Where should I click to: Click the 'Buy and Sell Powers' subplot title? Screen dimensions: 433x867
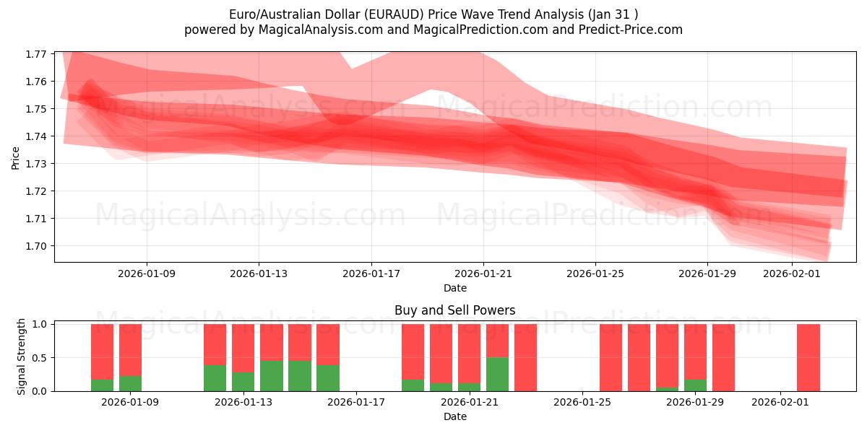(455, 311)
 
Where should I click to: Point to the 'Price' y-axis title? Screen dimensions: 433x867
(16, 157)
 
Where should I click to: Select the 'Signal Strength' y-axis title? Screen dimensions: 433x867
(22, 357)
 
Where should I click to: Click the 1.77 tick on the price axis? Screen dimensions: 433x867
(37, 54)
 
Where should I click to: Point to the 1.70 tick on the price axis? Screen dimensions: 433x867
(37, 246)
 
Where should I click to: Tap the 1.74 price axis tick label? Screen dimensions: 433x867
(37, 136)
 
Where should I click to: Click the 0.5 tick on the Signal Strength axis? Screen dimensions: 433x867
(40, 358)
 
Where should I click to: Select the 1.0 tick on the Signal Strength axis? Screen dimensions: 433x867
(40, 325)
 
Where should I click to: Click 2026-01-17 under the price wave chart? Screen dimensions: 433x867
(371, 274)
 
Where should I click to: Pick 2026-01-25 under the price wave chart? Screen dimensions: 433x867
(595, 274)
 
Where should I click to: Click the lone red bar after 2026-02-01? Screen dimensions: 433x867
(808, 357)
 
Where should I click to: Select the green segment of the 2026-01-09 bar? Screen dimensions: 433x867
(130, 383)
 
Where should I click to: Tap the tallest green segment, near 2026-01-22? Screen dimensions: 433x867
(497, 374)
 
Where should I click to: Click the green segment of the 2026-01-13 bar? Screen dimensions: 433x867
(243, 382)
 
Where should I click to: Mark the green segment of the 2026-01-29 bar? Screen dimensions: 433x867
(695, 385)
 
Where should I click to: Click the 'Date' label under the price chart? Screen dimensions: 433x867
(455, 288)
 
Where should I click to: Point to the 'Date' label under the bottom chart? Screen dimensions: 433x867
(455, 416)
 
